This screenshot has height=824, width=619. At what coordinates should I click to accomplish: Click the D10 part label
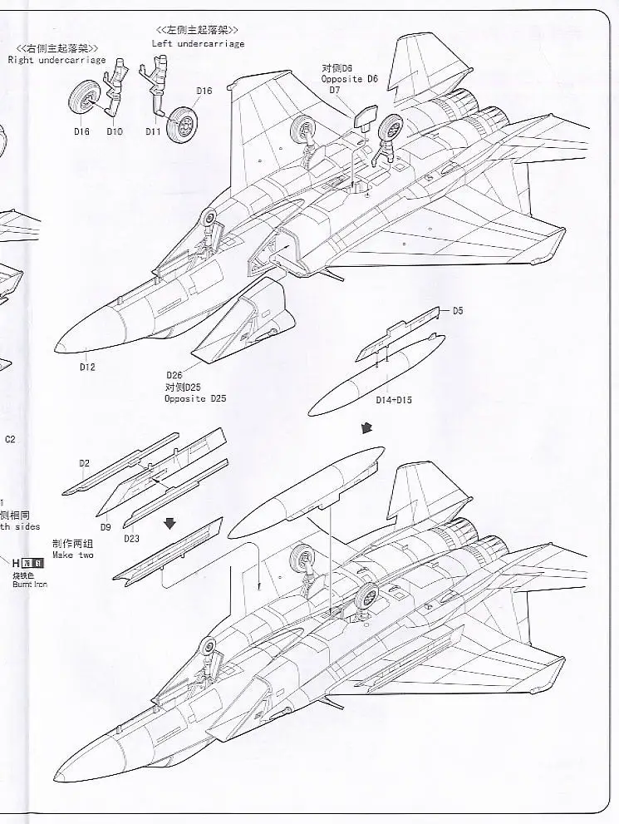tap(114, 132)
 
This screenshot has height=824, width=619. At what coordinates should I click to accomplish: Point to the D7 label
tap(335, 90)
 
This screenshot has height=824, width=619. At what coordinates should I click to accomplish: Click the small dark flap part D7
tap(363, 117)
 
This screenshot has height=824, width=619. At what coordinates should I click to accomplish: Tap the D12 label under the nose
tap(87, 368)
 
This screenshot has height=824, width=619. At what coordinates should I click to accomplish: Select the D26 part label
tap(174, 376)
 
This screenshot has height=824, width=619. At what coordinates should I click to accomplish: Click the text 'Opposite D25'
tap(195, 399)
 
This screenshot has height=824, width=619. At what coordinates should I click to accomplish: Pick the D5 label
tap(458, 312)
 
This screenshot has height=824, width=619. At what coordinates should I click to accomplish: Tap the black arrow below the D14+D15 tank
tap(366, 427)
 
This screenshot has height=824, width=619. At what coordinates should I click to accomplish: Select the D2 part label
tap(84, 461)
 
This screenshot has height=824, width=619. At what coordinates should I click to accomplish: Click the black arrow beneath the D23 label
tap(170, 522)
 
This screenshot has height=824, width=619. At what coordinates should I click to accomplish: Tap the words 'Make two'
tap(73, 554)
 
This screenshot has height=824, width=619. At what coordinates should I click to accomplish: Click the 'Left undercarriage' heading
tap(198, 43)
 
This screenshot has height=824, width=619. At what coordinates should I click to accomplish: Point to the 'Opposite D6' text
tap(350, 78)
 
